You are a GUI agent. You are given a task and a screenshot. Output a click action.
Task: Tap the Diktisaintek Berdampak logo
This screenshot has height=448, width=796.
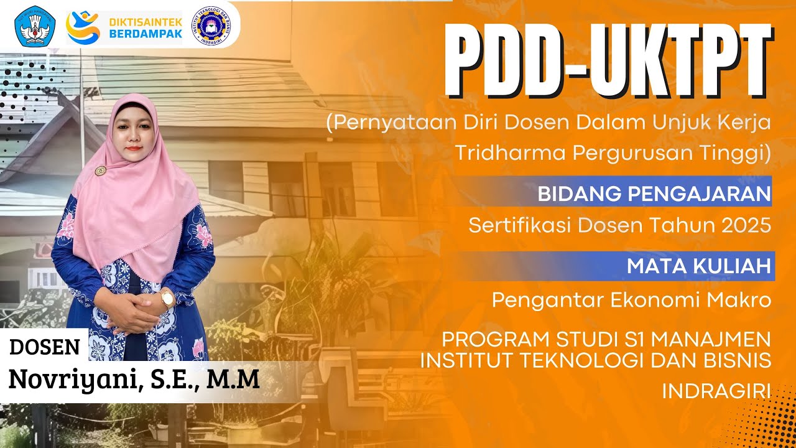coord(124,27)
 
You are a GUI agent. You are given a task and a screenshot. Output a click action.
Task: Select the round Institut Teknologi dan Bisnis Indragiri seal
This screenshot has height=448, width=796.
coord(208,26)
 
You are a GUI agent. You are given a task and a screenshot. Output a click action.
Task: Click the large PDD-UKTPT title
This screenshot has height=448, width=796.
coord(608,61)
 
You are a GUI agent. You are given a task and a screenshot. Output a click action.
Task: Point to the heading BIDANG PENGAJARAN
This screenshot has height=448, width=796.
coord(654,194)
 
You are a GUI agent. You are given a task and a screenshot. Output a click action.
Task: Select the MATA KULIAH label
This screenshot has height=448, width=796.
coord(698,266)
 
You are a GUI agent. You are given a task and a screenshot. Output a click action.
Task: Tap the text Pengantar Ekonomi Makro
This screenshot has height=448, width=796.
coord(631,300)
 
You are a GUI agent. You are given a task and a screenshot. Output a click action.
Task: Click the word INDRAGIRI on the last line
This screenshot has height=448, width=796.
coord(716,391)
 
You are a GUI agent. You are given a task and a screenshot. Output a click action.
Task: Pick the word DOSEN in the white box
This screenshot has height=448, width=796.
coord(45,347)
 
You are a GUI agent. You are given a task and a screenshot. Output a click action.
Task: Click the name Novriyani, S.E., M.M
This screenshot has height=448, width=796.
coord(134,378)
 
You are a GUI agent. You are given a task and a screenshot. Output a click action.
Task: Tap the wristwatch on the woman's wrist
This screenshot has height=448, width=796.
coord(167,298)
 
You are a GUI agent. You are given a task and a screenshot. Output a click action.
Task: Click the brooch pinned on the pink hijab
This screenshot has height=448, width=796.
coord(99,170)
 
